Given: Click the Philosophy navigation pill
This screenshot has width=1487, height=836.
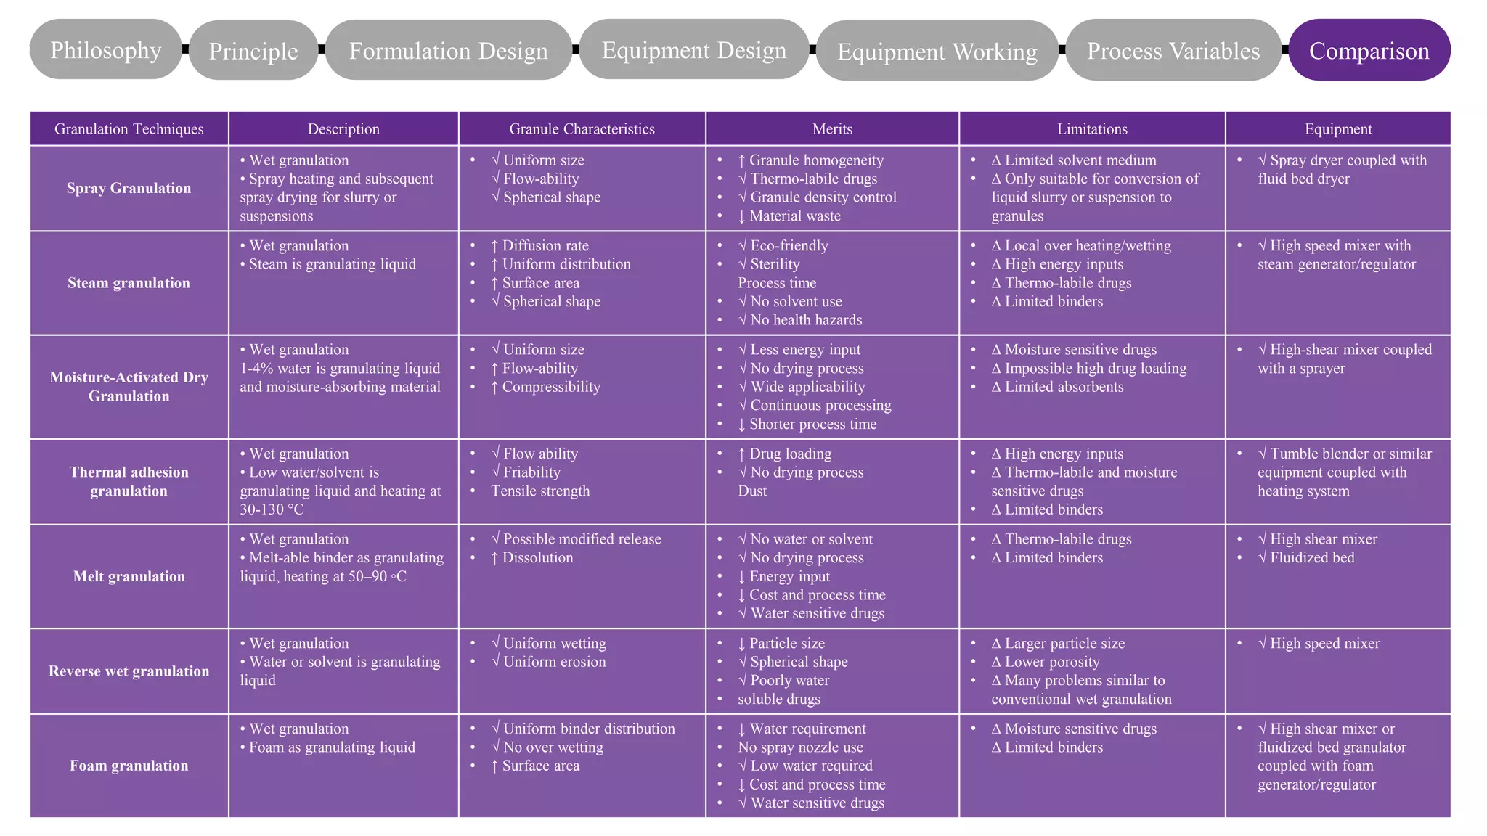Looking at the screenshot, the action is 106,49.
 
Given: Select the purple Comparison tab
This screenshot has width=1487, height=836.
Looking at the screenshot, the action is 1369,50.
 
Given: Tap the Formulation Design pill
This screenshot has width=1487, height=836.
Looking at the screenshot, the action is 449,50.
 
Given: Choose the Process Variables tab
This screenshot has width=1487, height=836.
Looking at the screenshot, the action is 1173,50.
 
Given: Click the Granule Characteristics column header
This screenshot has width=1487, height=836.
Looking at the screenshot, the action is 582,129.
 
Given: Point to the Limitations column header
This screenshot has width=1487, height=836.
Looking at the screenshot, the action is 1092,129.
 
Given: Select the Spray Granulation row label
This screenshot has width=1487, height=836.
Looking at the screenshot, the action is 129,188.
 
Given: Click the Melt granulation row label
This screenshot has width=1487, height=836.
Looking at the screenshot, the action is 129,576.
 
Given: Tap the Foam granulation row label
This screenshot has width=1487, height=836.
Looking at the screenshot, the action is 129,766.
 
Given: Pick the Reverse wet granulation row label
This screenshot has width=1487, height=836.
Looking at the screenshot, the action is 129,671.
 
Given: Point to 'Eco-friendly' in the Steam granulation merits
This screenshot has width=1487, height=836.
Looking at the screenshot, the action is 789,245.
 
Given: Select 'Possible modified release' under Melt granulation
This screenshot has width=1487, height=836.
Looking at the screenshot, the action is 582,539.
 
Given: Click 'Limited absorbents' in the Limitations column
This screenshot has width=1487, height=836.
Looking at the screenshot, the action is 1064,387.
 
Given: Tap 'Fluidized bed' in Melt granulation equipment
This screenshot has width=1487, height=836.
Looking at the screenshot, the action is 1313,557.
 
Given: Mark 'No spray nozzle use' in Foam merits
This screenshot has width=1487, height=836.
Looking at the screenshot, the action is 801,747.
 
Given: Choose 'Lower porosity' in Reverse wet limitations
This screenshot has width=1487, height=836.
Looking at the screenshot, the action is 1052,662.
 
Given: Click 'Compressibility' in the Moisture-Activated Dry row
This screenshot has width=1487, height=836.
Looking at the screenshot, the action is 551,387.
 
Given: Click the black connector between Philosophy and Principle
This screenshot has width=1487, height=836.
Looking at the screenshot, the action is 186,49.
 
